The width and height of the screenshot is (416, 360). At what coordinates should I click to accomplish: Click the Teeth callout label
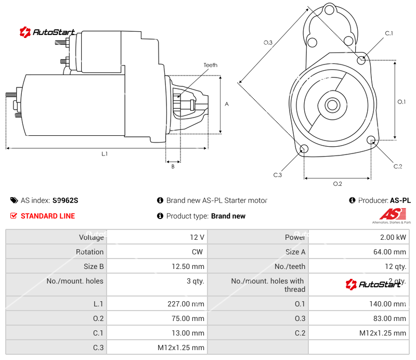210,65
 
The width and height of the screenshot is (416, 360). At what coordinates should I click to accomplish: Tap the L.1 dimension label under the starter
105,153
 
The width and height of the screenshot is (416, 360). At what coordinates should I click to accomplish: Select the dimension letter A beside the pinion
227,104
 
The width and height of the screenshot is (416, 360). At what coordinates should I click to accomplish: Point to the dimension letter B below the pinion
173,166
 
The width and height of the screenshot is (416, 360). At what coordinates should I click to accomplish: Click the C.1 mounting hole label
388,33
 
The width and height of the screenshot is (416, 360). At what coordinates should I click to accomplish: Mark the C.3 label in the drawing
277,175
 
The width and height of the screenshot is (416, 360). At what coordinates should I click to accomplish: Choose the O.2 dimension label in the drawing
337,184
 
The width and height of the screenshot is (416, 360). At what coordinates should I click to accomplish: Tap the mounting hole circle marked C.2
371,140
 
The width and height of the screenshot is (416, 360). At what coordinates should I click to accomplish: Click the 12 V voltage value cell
197,237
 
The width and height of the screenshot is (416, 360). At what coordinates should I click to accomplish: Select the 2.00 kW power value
394,237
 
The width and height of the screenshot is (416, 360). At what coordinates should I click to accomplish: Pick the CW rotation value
198,252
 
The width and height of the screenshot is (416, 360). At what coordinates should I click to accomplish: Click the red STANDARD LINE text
48,216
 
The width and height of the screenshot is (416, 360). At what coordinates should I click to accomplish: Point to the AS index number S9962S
65,200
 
